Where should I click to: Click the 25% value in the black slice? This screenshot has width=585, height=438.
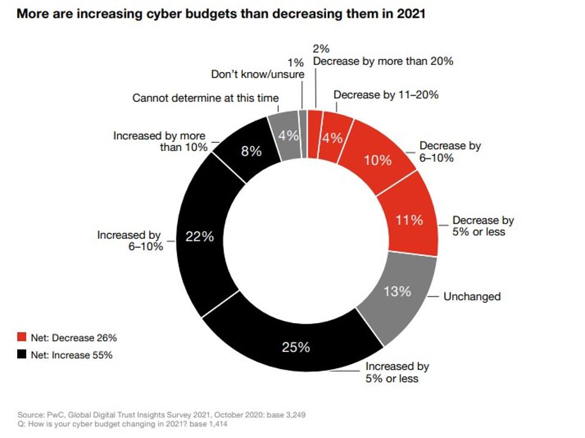pos(296,347)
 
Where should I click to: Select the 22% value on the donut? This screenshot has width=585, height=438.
pos(200,236)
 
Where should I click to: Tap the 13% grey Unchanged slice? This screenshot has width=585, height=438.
pos(397,291)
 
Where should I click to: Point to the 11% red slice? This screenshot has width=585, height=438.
pos(409,220)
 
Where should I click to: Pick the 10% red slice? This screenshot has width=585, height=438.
pos(378,160)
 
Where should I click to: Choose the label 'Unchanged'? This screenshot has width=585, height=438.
pos(471,296)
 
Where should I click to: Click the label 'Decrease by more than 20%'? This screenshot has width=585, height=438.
pos(383,61)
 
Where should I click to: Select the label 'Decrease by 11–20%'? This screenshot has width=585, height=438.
pos(385,95)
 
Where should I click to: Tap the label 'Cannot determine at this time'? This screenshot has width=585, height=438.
pos(205,97)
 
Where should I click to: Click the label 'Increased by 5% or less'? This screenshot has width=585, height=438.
pos(397,372)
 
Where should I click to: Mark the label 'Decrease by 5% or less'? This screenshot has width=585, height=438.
pos(482,225)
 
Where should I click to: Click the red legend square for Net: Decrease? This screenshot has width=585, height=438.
pos(22,337)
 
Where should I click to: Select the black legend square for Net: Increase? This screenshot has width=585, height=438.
pos(22,355)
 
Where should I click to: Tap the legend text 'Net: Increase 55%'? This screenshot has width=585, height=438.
pos(71,355)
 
